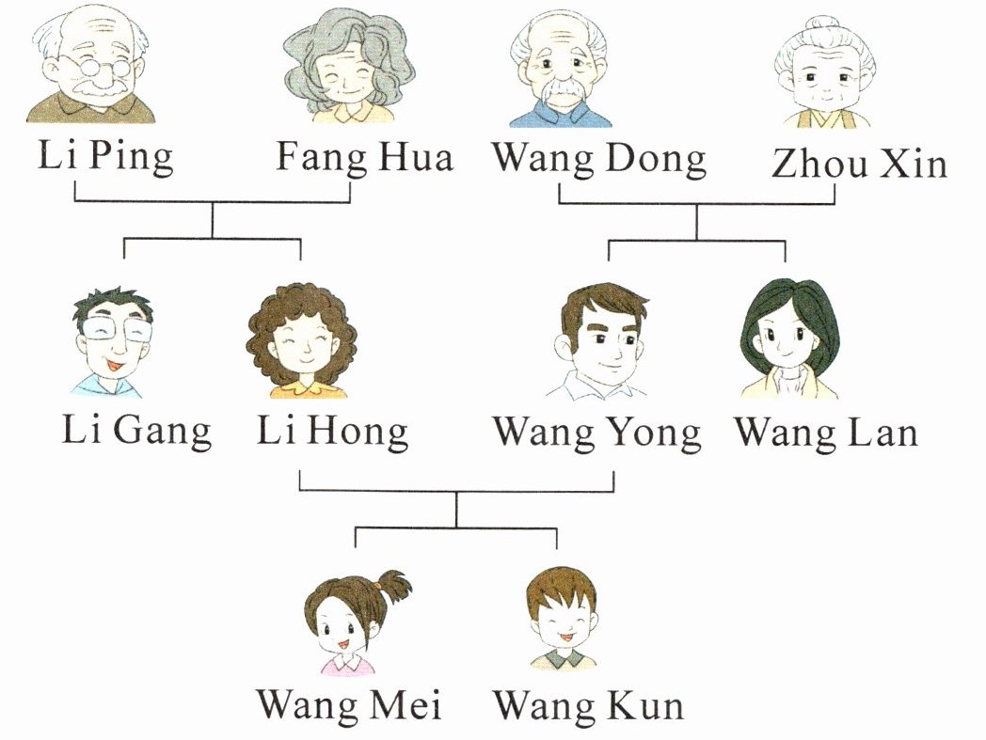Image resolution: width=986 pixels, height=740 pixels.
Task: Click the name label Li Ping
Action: click(105, 157)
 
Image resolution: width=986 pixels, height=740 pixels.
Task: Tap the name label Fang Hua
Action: click(364, 157)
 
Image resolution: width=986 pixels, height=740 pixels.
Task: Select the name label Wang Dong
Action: click(599, 159)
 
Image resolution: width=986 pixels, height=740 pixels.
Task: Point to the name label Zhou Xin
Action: click(858, 164)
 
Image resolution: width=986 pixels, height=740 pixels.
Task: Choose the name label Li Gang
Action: click(137, 432)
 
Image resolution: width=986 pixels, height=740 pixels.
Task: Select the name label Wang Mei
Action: click(349, 704)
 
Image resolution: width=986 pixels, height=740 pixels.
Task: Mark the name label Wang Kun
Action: click(588, 704)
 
